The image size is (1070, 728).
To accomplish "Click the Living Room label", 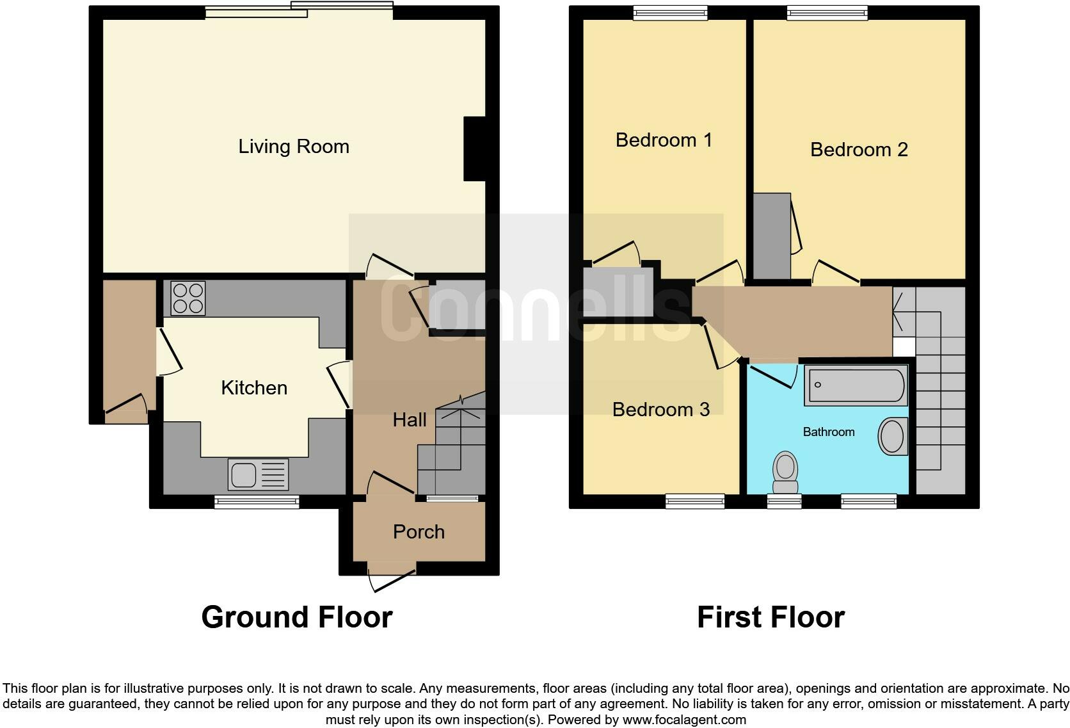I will tap(294, 147).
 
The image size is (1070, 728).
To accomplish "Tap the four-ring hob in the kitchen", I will tap(188, 298).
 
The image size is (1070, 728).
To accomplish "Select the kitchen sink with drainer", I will tap(258, 474).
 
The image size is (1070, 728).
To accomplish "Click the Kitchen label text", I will tap(254, 387).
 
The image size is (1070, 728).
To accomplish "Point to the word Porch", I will tap(419, 531).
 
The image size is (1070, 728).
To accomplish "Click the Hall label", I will tap(410, 419).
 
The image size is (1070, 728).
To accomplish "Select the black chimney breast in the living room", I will tap(474, 149).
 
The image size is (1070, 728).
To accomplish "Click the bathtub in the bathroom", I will tap(856, 385).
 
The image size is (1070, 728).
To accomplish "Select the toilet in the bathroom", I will tap(786, 471).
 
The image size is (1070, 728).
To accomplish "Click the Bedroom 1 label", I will tap(664, 140).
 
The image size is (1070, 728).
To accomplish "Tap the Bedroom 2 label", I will tap(859, 149).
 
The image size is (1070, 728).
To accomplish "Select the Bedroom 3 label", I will tap(660, 409).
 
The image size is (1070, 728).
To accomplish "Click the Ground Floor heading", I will tap(296, 617).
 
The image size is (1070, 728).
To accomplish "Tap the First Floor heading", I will tap(771, 617).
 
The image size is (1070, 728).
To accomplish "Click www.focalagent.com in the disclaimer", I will tap(683, 719).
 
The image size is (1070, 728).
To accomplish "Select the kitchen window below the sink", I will tap(257, 501).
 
